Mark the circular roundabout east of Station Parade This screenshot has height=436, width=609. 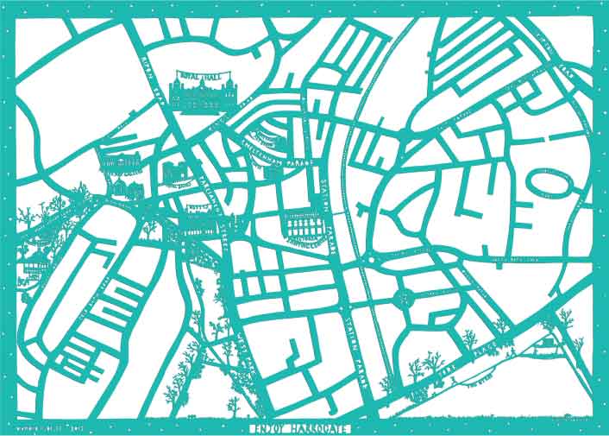pyautogui.click(x=403, y=300)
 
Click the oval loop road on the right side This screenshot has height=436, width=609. pyautogui.click(x=549, y=183)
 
